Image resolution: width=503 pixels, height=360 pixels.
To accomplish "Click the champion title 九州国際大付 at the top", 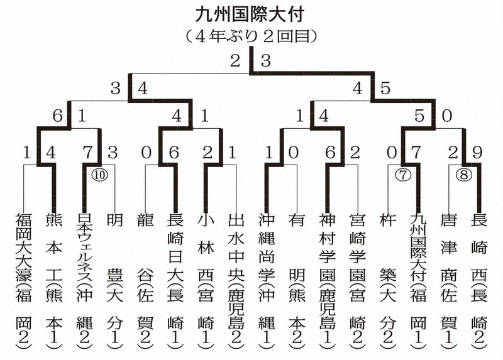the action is [250, 14].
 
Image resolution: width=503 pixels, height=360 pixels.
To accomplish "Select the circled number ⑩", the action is [99, 175].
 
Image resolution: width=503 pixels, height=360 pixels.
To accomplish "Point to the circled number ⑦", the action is [402, 175].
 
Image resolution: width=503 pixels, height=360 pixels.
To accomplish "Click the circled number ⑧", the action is [464, 175].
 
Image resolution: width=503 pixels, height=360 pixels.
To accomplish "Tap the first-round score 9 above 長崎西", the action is [477, 153].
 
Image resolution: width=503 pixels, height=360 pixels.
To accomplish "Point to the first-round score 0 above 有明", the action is [293, 153].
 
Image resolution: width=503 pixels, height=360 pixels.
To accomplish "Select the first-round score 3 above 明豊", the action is [113, 153].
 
